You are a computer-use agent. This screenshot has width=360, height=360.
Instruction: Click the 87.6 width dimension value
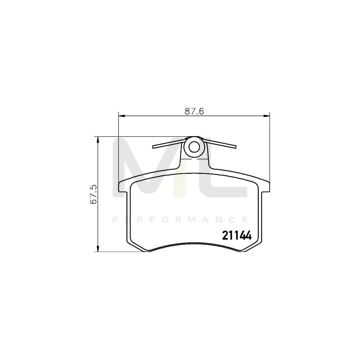click(194, 111)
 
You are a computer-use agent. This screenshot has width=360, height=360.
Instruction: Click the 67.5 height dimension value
click(93, 194)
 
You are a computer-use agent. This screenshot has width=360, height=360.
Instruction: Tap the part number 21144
click(237, 235)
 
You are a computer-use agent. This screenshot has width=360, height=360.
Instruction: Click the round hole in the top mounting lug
click(194, 147)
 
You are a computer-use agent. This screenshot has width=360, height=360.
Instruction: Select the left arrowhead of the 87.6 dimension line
click(121, 116)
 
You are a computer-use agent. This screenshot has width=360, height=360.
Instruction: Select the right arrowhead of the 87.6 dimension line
click(267, 116)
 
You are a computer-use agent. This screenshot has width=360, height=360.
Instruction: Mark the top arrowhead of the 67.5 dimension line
click(98, 139)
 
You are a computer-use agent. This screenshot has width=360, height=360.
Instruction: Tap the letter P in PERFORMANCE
click(115, 220)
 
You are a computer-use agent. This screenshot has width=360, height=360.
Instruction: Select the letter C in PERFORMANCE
click(231, 220)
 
